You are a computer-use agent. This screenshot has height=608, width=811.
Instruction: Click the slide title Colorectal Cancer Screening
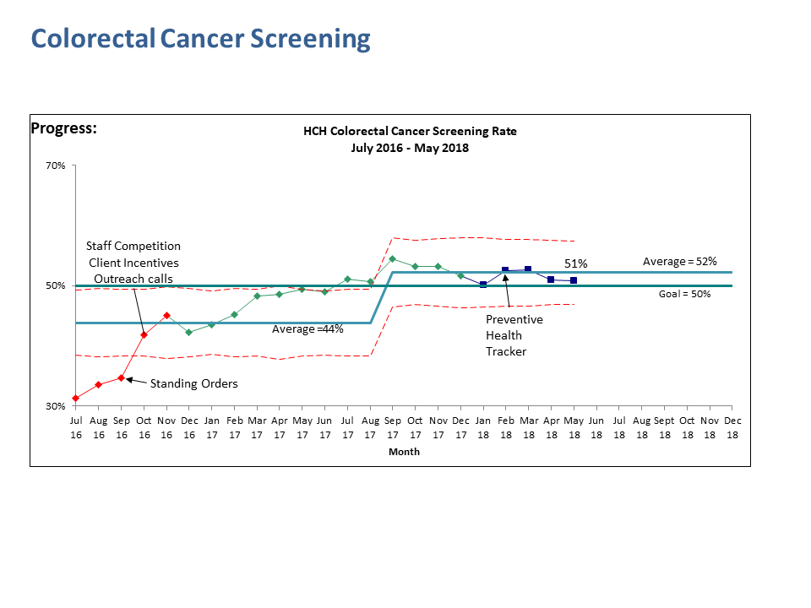pyautogui.click(x=200, y=39)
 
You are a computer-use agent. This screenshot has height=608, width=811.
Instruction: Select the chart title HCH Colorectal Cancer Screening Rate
pyautogui.click(x=410, y=131)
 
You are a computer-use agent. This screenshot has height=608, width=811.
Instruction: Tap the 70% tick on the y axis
pyautogui.click(x=56, y=166)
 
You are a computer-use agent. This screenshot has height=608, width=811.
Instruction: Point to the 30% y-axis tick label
pyautogui.click(x=56, y=406)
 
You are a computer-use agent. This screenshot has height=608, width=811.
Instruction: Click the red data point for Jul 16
pyautogui.click(x=76, y=398)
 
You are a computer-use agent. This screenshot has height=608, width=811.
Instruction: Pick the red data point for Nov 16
pyautogui.click(x=166, y=315)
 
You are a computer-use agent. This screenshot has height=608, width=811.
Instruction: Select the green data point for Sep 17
pyautogui.click(x=392, y=258)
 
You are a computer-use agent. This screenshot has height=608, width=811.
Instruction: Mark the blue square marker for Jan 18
pyautogui.click(x=483, y=285)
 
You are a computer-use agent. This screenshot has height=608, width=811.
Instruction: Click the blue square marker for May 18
pyautogui.click(x=574, y=280)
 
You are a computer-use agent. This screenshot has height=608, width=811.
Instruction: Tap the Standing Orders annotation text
pyautogui.click(x=193, y=383)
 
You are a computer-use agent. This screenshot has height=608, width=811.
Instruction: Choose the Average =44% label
pyautogui.click(x=308, y=329)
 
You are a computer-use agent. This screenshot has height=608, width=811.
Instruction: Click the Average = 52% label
pyautogui.click(x=679, y=262)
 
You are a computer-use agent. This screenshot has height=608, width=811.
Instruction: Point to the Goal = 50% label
pyautogui.click(x=684, y=294)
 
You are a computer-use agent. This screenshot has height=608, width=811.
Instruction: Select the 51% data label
pyautogui.click(x=575, y=264)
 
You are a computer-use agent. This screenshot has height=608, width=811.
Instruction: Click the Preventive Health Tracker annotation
pyautogui.click(x=514, y=335)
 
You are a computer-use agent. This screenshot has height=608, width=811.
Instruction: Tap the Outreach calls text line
pyautogui.click(x=133, y=279)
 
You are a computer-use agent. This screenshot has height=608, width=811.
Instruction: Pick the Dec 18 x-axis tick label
pyautogui.click(x=732, y=426)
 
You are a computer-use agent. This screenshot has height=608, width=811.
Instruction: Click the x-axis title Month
pyautogui.click(x=404, y=452)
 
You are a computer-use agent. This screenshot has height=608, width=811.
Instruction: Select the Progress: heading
pyautogui.click(x=63, y=128)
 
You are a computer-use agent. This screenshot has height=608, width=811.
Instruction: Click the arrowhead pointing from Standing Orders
pyautogui.click(x=129, y=380)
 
